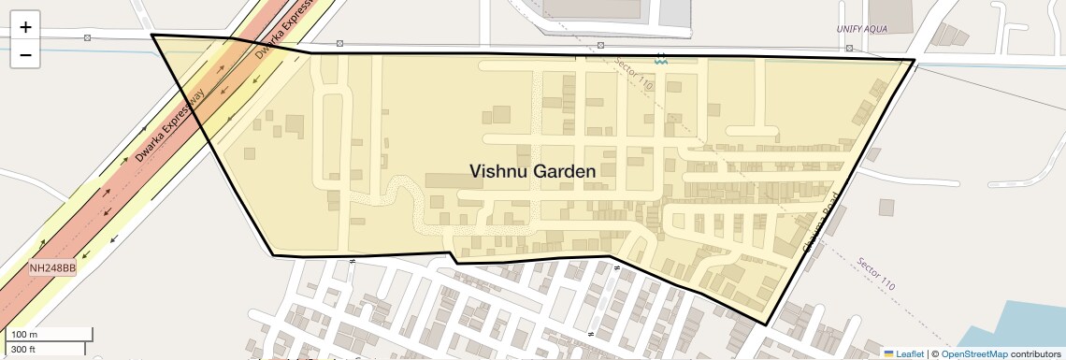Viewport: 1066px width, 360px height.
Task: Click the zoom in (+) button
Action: (25, 27)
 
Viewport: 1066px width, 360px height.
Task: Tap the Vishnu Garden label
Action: (532, 171)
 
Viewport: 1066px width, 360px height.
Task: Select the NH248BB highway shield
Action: (52, 267)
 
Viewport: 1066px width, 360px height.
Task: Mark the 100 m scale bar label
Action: (24, 335)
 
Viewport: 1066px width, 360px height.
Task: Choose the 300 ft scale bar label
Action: (23, 349)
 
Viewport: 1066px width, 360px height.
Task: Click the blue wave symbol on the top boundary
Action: (661, 58)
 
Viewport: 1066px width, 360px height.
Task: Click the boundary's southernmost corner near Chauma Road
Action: (767, 325)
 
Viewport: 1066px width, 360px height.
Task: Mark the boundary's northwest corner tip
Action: (151, 36)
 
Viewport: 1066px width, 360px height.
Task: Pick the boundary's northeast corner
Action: (914, 60)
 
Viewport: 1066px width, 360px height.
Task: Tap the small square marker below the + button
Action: (87, 37)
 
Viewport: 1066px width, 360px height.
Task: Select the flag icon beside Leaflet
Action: (888, 353)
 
